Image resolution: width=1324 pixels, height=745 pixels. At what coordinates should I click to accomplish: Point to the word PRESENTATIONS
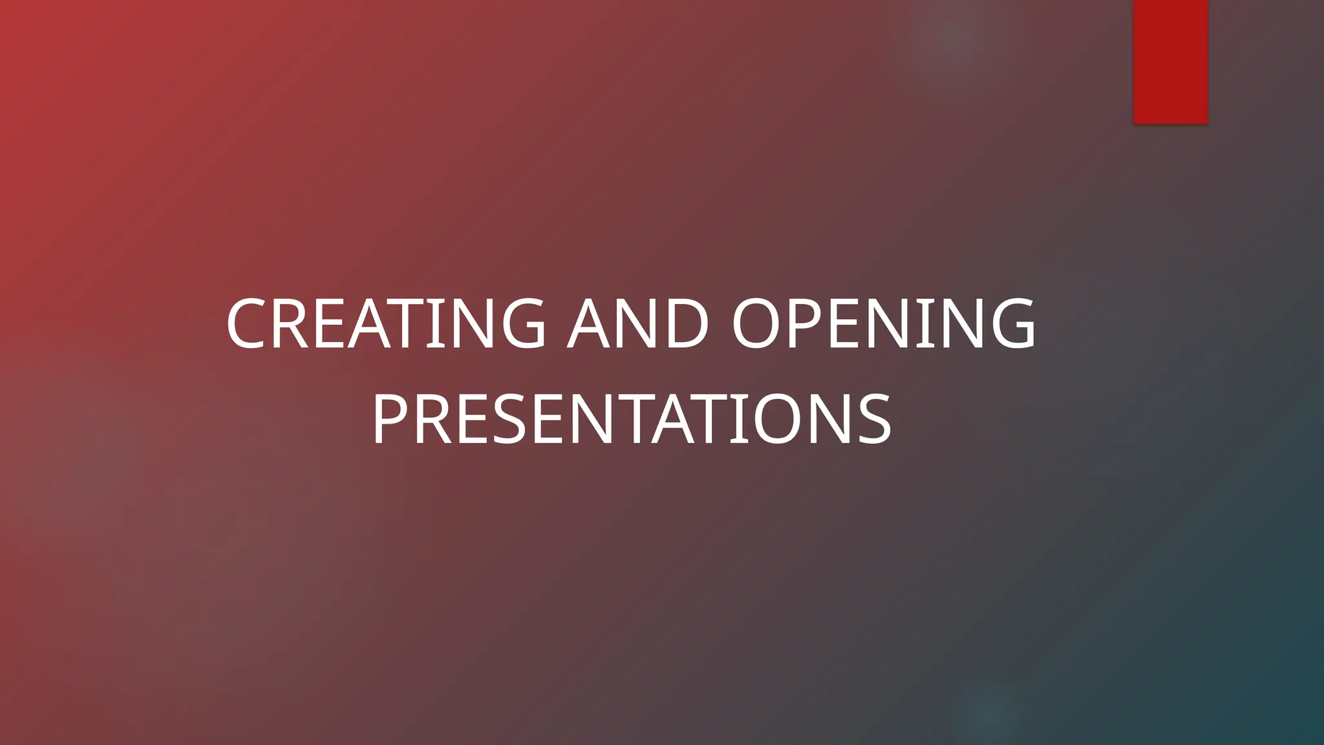[x=632, y=420]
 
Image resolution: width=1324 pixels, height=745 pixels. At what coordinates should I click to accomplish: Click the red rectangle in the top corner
[x=1170, y=61]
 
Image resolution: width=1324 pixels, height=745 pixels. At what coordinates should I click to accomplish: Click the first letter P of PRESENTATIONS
[x=390, y=420]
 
